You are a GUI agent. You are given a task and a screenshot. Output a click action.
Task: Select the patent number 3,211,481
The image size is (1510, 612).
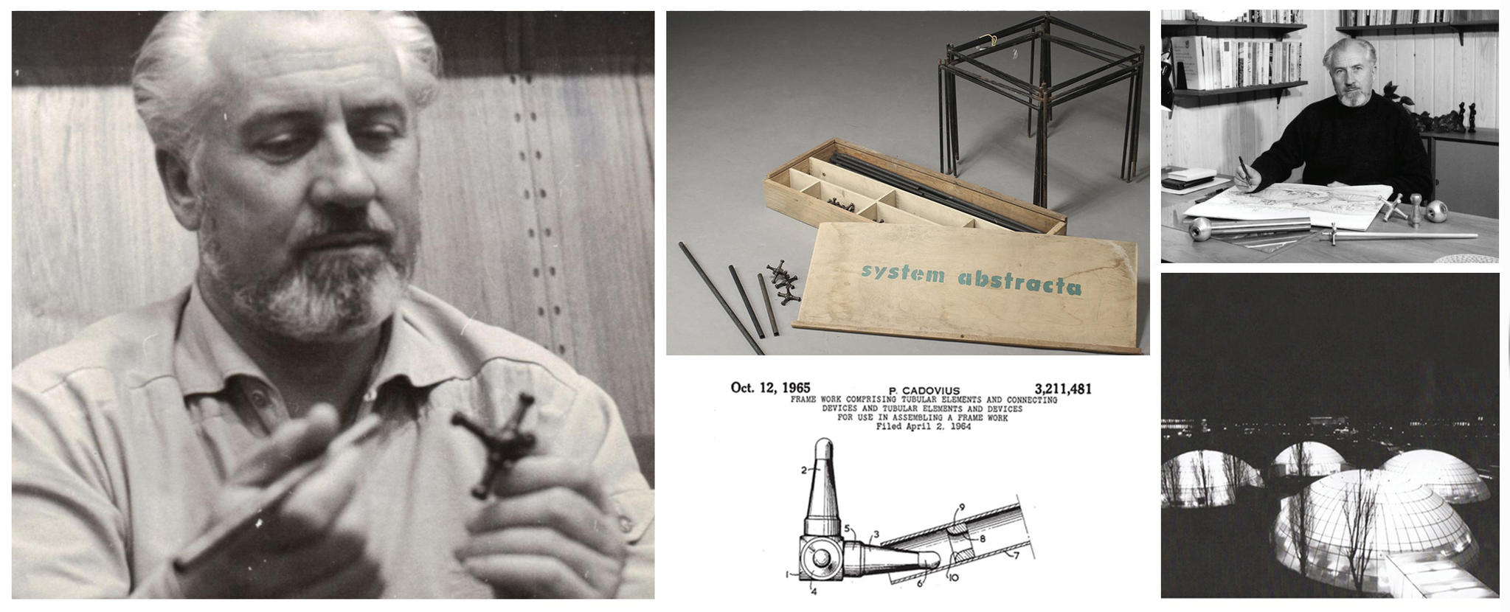pyautogui.click(x=1062, y=389)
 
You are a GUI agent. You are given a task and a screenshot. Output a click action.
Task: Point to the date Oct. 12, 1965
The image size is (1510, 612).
pyautogui.click(x=770, y=387)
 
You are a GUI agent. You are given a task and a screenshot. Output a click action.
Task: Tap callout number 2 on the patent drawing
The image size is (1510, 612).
pyautogui.click(x=807, y=469)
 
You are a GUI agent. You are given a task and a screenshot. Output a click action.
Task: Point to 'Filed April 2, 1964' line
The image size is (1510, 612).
pyautogui.click(x=923, y=426)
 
